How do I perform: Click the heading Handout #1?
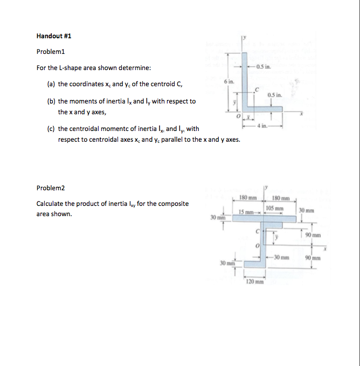pos(53,36)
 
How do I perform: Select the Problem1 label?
pos(50,52)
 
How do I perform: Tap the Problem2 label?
pos(50,188)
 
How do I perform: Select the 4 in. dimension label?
pos(262,126)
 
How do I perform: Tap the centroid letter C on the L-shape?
pos(257,89)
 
